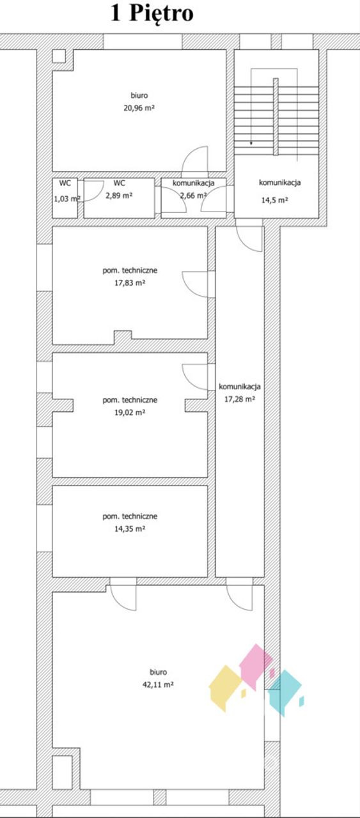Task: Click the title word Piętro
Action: (x=161, y=15)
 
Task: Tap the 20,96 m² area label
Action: (x=139, y=108)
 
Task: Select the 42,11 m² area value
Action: (x=158, y=684)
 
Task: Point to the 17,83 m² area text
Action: (x=130, y=282)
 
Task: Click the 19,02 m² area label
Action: (x=130, y=412)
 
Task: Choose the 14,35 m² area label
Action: (x=130, y=529)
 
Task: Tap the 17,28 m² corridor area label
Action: (x=239, y=399)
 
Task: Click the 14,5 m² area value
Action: (x=275, y=200)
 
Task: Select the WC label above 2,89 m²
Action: (x=119, y=183)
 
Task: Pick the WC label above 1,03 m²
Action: (x=65, y=183)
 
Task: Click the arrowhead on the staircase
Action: (x=251, y=143)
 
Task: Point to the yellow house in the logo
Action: (x=225, y=688)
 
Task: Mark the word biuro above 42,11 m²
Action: (x=158, y=672)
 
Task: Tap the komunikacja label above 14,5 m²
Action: (x=279, y=182)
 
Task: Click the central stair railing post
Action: (x=276, y=116)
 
